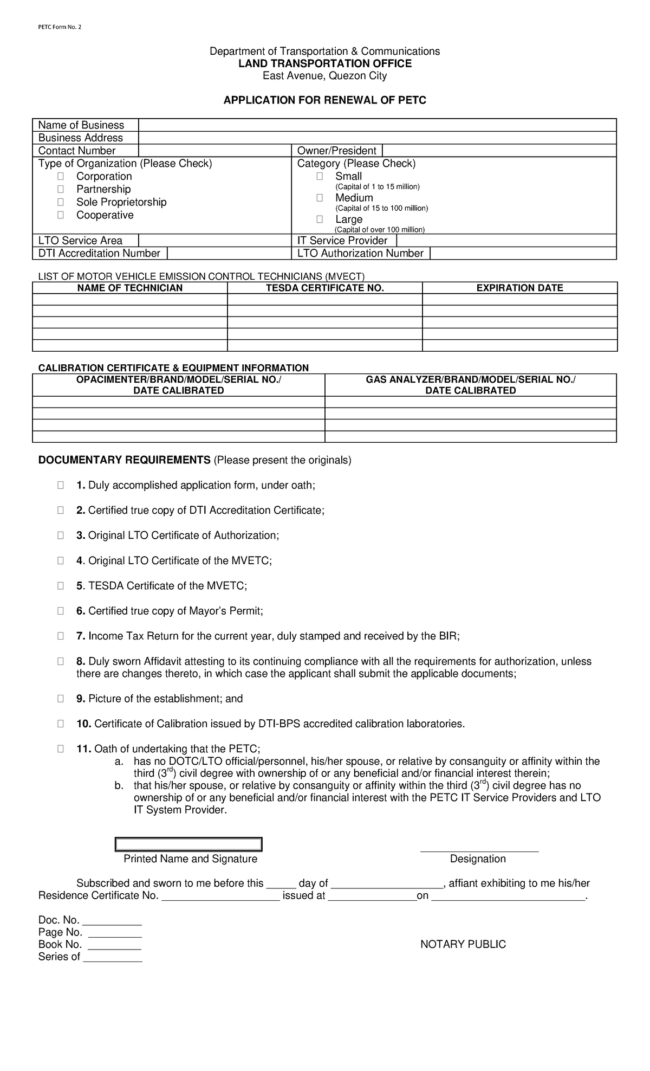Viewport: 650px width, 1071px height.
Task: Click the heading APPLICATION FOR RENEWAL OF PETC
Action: [x=325, y=100]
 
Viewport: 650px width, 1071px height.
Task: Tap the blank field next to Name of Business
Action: [x=377, y=125]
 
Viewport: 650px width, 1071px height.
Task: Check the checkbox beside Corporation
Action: [x=61, y=176]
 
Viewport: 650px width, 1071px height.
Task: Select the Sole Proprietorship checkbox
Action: [x=61, y=202]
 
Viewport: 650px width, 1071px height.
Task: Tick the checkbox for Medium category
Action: [x=320, y=198]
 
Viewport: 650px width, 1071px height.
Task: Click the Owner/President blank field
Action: [x=498, y=151]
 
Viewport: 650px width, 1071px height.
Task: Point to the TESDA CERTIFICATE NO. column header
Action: [x=324, y=288]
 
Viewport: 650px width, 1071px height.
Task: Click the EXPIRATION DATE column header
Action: [x=519, y=288]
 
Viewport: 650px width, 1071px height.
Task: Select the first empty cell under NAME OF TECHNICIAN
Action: [x=130, y=300]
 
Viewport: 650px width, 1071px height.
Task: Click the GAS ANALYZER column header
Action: [x=470, y=385]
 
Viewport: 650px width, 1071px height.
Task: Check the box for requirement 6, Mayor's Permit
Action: [x=61, y=611]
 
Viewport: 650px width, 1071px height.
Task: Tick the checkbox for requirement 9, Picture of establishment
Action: [x=61, y=699]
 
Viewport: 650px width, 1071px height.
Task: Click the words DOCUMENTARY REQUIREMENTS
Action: [x=124, y=460]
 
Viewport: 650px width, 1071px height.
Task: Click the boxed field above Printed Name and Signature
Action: [x=188, y=844]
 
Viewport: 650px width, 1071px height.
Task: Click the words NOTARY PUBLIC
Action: [x=463, y=944]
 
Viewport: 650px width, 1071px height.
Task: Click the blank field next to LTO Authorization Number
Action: [x=523, y=253]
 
